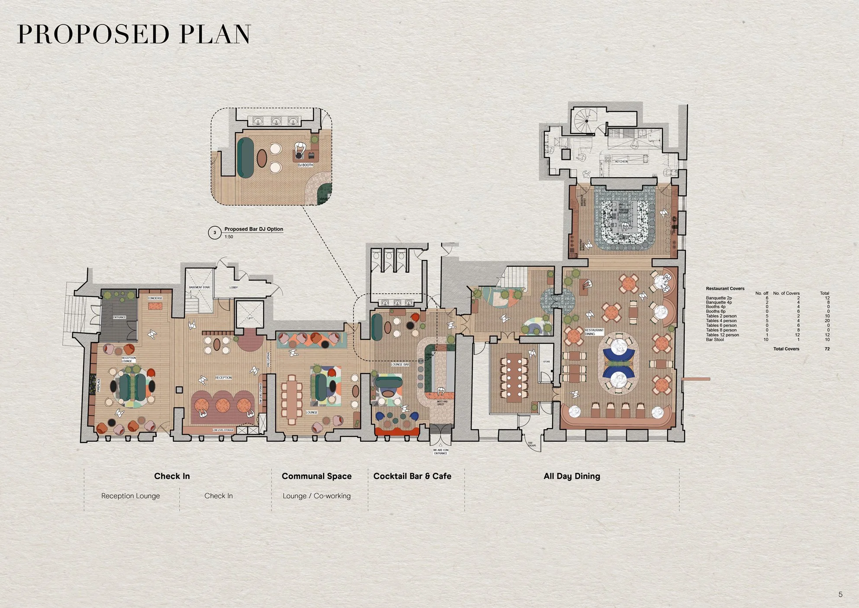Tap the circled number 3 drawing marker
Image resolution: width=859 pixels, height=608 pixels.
tap(215, 233)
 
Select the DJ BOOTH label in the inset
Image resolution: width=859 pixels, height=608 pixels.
tap(305, 165)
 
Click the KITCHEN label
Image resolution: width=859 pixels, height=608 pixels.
tap(621, 162)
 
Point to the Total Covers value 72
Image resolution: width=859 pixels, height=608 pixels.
tap(827, 349)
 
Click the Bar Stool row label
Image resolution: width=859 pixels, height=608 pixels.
tap(715, 340)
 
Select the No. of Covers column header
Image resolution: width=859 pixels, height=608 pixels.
tap(786, 293)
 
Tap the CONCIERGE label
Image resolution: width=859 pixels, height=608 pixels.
tap(155, 298)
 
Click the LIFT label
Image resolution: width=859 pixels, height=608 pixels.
tap(250, 319)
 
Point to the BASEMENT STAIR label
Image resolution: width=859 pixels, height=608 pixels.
tap(199, 287)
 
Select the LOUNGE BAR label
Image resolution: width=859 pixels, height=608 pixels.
tap(400, 364)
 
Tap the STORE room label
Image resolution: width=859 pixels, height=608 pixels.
tap(546, 361)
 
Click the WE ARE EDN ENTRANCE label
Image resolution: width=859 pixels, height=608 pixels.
tap(441, 452)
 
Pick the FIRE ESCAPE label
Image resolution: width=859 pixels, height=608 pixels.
tap(531, 444)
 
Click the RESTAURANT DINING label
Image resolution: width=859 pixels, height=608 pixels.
tap(594, 332)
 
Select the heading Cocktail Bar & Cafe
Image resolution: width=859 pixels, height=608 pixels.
tap(412, 476)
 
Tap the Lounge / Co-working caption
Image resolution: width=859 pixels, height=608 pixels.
tap(316, 496)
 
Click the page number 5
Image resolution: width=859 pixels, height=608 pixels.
tap(840, 595)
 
